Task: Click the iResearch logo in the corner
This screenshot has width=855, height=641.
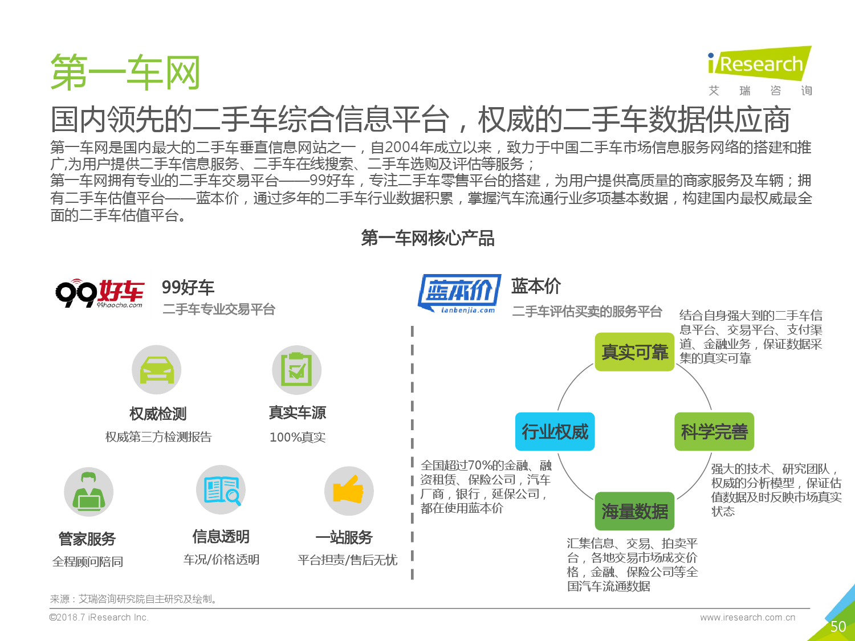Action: point(760,71)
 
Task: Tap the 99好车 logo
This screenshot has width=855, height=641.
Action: point(100,293)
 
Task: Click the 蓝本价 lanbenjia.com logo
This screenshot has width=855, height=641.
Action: point(459,293)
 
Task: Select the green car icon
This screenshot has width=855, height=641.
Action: point(157,369)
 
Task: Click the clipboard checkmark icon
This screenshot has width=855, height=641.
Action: point(297,369)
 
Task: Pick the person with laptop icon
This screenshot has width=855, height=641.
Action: point(89,492)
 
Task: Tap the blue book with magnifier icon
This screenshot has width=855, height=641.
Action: point(221,490)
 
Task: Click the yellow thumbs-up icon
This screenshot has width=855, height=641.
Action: point(349,491)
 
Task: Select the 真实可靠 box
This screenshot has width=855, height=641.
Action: point(634,352)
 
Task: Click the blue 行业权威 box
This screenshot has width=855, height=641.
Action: point(555,432)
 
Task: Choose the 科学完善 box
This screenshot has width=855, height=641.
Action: point(714,432)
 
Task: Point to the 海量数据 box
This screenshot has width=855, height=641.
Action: point(634,511)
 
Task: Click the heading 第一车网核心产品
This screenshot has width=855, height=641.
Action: point(427,238)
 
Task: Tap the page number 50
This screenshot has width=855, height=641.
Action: point(838,627)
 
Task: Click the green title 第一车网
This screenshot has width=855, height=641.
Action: point(125,72)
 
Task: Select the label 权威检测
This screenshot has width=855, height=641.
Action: point(158,414)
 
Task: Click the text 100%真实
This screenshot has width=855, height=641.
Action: point(298,437)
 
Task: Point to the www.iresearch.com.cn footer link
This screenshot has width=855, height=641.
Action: point(747,618)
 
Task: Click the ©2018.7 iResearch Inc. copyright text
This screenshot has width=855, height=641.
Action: point(99,618)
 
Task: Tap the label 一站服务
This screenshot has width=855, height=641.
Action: point(344,537)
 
